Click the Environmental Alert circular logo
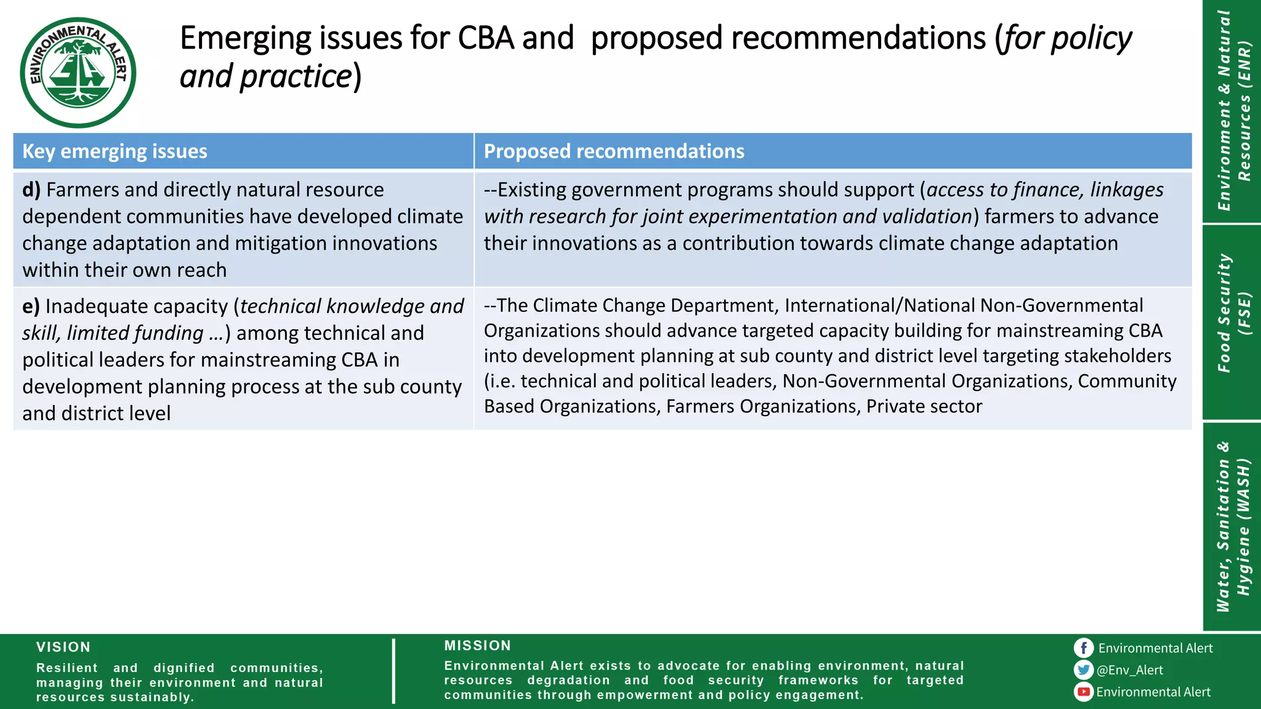(x=78, y=72)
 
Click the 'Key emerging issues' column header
(x=115, y=151)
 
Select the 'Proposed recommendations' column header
(x=613, y=151)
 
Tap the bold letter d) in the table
(x=31, y=190)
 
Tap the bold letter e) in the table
(x=31, y=306)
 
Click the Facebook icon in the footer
(x=1084, y=648)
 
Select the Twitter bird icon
(x=1084, y=670)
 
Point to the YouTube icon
(x=1084, y=692)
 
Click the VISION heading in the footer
(x=63, y=647)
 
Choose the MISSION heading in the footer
(x=478, y=646)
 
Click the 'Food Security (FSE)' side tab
(x=1232, y=314)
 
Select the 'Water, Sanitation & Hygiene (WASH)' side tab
(x=1232, y=526)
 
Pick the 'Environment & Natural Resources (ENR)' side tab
(x=1232, y=111)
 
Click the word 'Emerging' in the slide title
(x=246, y=39)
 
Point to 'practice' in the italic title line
(x=295, y=77)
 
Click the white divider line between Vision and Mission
(x=393, y=671)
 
